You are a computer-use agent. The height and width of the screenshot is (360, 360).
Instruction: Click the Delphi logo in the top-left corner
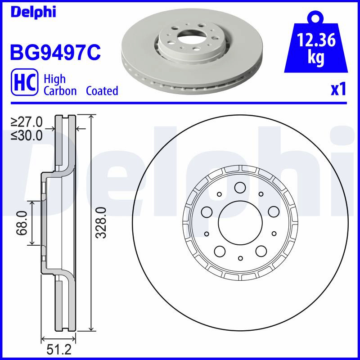pos(33,13)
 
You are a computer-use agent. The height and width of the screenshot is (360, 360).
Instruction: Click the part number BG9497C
pos(55,52)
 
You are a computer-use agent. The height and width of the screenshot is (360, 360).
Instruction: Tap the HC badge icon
pos(24,82)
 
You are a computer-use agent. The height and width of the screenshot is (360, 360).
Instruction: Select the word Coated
pos(102,91)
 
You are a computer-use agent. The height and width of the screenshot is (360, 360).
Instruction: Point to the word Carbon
pos(60,91)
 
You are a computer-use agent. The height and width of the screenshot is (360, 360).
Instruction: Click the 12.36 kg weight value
pos(316,49)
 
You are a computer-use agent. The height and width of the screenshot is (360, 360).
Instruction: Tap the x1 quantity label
pos(338,90)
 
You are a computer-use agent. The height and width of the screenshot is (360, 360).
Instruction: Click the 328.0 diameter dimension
pos(101,222)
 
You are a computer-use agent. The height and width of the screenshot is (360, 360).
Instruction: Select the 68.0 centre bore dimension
pos(22,223)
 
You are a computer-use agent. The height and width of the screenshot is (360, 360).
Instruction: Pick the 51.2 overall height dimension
pos(59,350)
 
